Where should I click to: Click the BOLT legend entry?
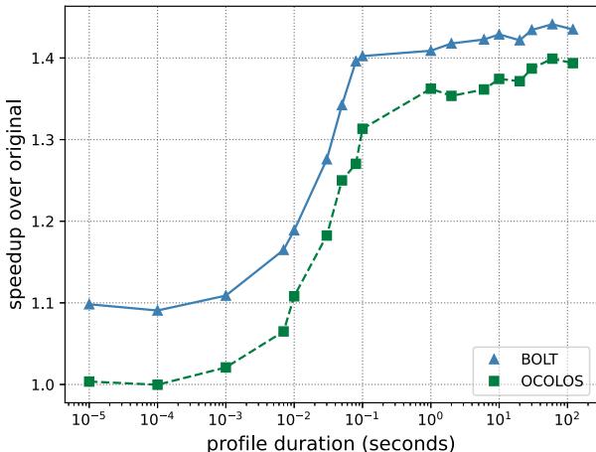point(528,360)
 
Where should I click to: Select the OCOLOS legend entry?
point(535,380)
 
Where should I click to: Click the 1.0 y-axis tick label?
point(44,384)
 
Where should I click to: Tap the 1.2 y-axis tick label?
point(44,222)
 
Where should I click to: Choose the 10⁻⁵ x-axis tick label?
point(88,419)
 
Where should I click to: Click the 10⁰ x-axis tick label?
point(430,419)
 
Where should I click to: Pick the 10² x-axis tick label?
point(567,419)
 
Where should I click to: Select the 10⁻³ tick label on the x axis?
point(225,419)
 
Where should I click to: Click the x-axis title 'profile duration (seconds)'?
point(331,443)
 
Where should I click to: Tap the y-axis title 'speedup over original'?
point(15,205)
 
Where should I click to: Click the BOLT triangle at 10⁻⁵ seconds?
point(89,304)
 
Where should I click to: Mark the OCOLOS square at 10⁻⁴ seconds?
point(157,384)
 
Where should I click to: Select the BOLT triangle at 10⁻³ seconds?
point(225,296)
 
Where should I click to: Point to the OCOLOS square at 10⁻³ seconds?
point(225,368)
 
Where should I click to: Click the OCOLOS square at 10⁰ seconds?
point(431,89)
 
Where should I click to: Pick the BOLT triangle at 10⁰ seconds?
point(431,51)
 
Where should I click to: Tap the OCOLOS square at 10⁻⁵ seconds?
point(89,381)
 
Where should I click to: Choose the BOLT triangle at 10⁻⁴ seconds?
point(157,311)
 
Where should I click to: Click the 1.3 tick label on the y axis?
point(44,140)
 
